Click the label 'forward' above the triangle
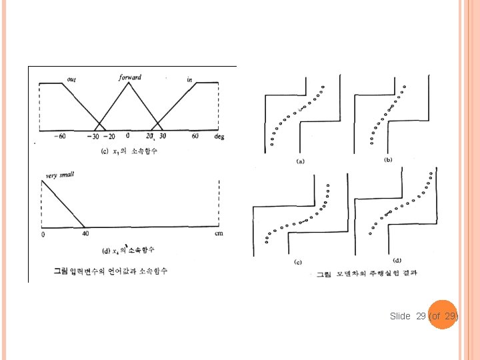(x=130, y=77)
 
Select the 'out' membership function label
(x=71, y=80)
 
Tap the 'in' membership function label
(x=190, y=80)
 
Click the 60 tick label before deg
(x=195, y=136)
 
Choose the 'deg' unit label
(x=219, y=136)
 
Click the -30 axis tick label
(x=92, y=137)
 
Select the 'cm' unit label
(x=219, y=233)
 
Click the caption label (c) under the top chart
(x=104, y=151)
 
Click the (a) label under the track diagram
(x=301, y=161)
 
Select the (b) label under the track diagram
(x=389, y=160)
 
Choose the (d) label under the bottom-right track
(x=397, y=261)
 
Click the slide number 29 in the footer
(x=420, y=316)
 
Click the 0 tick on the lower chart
(x=43, y=234)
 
